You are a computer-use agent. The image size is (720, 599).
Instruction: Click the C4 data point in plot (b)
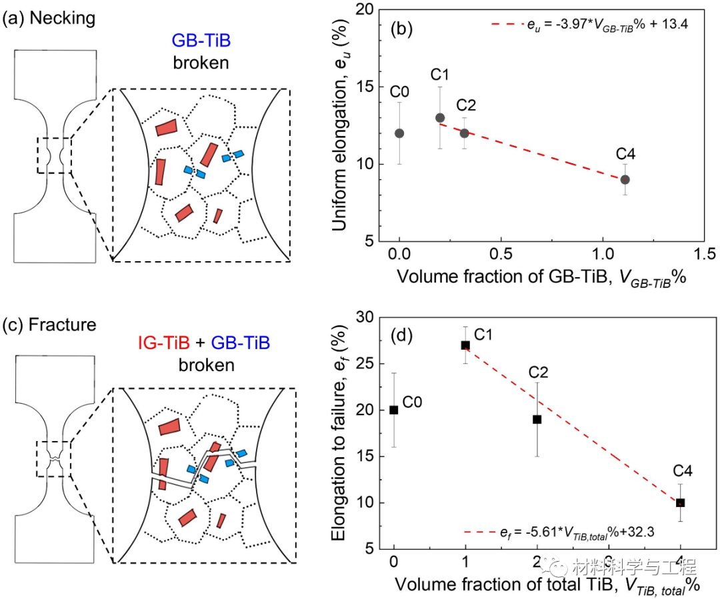(x=625, y=179)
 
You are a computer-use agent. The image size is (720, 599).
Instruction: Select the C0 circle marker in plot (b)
(x=399, y=133)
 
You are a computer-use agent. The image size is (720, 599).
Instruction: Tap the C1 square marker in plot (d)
(x=465, y=345)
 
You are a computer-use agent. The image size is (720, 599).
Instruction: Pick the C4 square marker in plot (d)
(x=680, y=502)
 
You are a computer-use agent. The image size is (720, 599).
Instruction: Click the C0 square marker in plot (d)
(x=394, y=410)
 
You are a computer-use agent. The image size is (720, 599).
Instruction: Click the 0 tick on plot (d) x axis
(x=394, y=558)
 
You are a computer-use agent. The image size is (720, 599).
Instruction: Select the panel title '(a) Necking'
(x=50, y=18)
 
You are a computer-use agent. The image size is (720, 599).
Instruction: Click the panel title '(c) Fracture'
(x=50, y=325)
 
